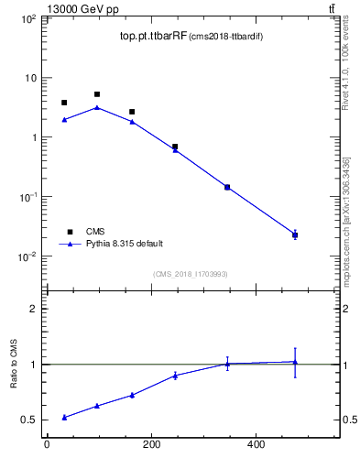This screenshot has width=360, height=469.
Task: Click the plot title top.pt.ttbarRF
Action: [x=153, y=37]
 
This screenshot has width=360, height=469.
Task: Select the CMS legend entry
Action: [x=95, y=232]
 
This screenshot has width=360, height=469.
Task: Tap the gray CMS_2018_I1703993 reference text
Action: [x=190, y=273]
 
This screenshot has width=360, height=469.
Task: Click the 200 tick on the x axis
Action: [x=151, y=445]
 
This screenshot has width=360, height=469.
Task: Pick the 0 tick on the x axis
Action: [x=47, y=445]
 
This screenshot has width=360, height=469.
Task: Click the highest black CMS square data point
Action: [x=97, y=94]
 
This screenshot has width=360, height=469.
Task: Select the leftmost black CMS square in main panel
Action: [x=64, y=103]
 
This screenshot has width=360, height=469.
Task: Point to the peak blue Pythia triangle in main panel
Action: [x=97, y=107]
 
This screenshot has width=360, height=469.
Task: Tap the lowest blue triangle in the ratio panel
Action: [x=64, y=417]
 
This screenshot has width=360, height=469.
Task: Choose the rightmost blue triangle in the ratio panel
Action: [x=295, y=362]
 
